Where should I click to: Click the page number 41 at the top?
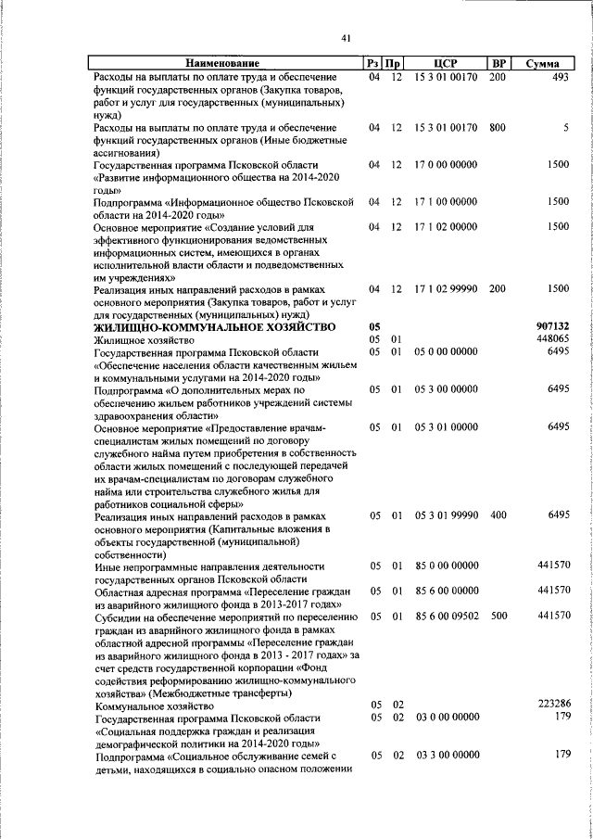tap(346, 37)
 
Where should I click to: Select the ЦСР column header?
tap(446, 63)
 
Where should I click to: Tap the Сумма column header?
tap(541, 63)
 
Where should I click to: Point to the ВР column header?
tap(498, 63)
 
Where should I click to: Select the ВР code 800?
tap(498, 127)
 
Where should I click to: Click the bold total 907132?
tap(551, 327)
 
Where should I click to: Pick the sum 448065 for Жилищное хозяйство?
tap(552, 340)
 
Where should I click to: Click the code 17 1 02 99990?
tap(446, 289)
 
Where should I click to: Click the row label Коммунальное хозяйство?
tap(155, 706)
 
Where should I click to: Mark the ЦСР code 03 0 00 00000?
tap(446, 718)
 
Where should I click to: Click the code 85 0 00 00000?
tap(446, 566)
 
